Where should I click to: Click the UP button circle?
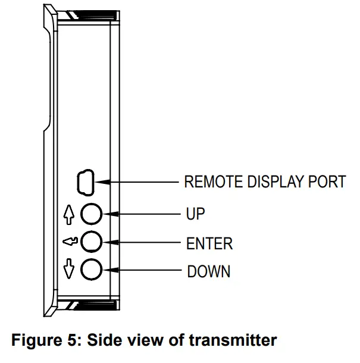pyautogui.click(x=91, y=213)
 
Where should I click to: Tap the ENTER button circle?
pyautogui.click(x=91, y=242)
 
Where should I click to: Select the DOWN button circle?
pyautogui.click(x=91, y=270)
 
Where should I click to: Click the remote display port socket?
pyautogui.click(x=84, y=181)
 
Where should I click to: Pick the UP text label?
pyautogui.click(x=196, y=214)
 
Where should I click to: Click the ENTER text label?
pyautogui.click(x=209, y=243)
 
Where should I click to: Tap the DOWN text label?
pyautogui.click(x=208, y=272)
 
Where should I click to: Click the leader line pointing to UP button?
pyautogui.click(x=143, y=213)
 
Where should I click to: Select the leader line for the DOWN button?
pyautogui.click(x=143, y=271)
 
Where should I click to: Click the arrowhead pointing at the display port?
pyautogui.click(x=99, y=181)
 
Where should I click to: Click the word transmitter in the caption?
pyautogui.click(x=234, y=341)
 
